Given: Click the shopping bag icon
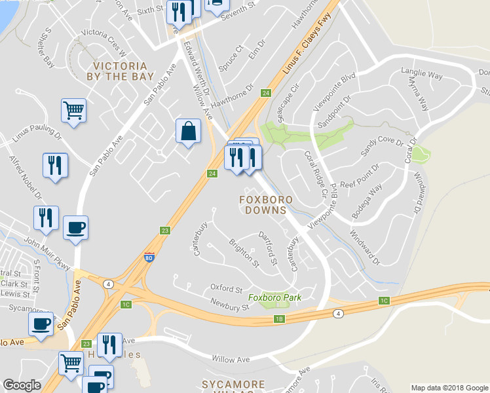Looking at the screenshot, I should (x=188, y=131).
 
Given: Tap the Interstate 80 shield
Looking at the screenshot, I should (x=149, y=257).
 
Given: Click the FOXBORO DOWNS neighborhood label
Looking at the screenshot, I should (x=265, y=204).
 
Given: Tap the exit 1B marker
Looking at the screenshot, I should (x=279, y=319).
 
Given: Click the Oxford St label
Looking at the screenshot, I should (x=226, y=288).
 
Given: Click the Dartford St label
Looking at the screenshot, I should (x=269, y=248).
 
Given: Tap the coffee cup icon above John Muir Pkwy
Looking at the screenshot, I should (x=75, y=228).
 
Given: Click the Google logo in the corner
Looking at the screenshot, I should (x=22, y=385).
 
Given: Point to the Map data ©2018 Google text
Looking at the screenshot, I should (x=450, y=388).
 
